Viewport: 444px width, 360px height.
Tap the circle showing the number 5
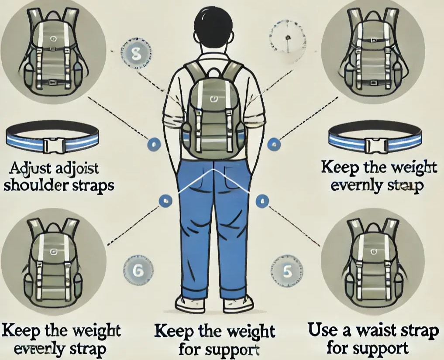(x=287, y=271)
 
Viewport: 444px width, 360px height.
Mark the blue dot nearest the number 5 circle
(x=262, y=201)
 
